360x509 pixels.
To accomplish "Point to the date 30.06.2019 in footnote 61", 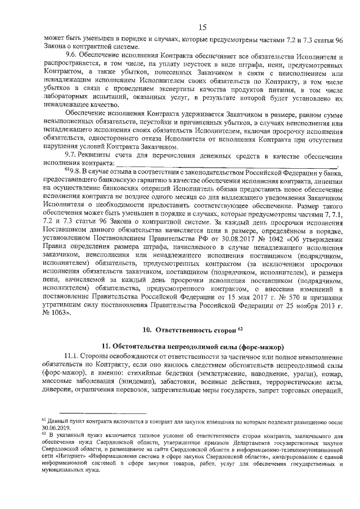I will [x=56, y=426].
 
